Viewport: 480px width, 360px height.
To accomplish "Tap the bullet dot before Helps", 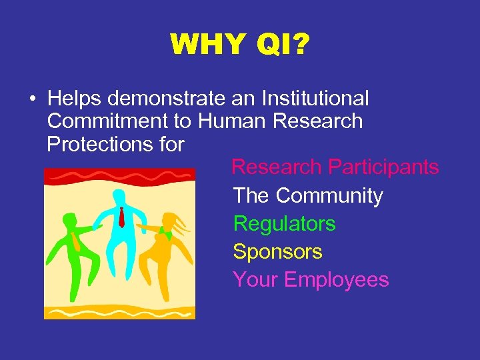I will pos(32,99).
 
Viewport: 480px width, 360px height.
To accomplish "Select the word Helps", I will pos(75,99).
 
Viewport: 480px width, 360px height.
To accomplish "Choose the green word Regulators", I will pos(284,224).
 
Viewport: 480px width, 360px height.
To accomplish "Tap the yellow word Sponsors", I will pos(277,252).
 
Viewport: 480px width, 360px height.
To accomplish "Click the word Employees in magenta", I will pos(337,280).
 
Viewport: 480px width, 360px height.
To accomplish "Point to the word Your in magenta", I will pos(255,280).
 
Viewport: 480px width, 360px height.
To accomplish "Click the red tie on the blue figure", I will pos(121,217).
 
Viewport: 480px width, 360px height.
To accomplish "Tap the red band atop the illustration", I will pos(119,175).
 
